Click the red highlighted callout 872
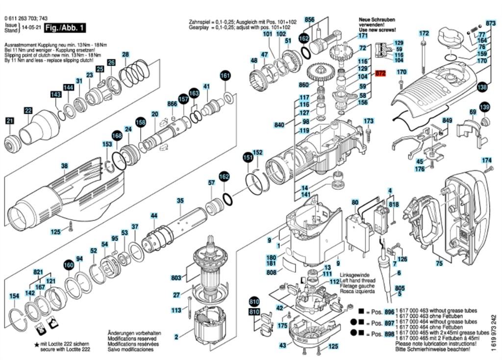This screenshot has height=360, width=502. [381, 73]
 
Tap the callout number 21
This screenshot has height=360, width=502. [10, 121]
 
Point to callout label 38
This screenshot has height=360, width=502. [64, 166]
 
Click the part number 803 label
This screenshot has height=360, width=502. [176, 278]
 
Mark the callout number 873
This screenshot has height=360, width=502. [490, 23]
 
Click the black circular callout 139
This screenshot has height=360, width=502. [484, 107]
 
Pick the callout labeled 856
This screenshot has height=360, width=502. [309, 20]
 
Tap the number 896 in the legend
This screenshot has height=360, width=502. [389, 312]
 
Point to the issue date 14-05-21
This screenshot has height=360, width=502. [29, 30]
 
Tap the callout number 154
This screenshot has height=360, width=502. [15, 296]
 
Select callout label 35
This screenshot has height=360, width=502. [180, 201]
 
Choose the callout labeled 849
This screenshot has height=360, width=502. [447, 120]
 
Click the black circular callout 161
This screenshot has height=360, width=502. [225, 76]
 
